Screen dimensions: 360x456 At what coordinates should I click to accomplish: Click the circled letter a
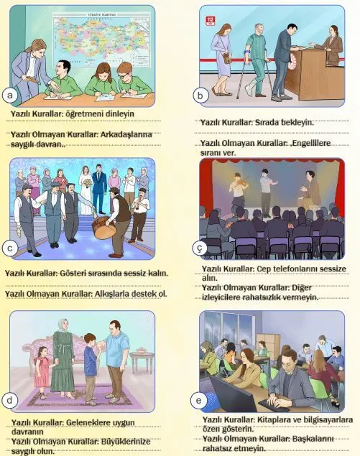(x=10, y=96)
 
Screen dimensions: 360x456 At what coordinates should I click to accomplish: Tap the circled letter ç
(x=199, y=248)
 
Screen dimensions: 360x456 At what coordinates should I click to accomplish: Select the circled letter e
(x=198, y=401)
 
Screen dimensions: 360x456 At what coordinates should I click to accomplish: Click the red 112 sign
(x=210, y=21)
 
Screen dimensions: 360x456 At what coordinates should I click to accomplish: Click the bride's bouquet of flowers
(x=87, y=182)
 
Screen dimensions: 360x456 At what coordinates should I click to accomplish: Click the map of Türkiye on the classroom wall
(x=101, y=39)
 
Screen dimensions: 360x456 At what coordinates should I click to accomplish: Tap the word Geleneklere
(x=85, y=422)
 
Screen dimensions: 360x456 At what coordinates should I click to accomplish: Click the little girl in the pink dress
(x=42, y=372)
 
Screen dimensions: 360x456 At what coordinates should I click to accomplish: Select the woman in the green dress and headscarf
(x=63, y=358)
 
